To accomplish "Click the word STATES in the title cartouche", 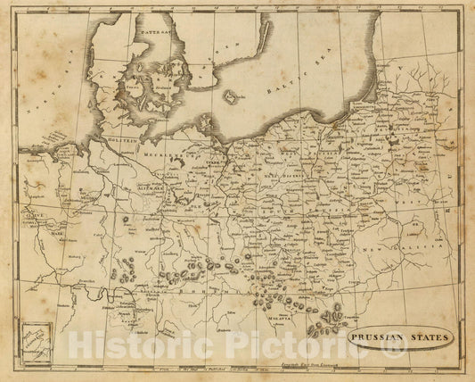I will coord(438,338).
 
